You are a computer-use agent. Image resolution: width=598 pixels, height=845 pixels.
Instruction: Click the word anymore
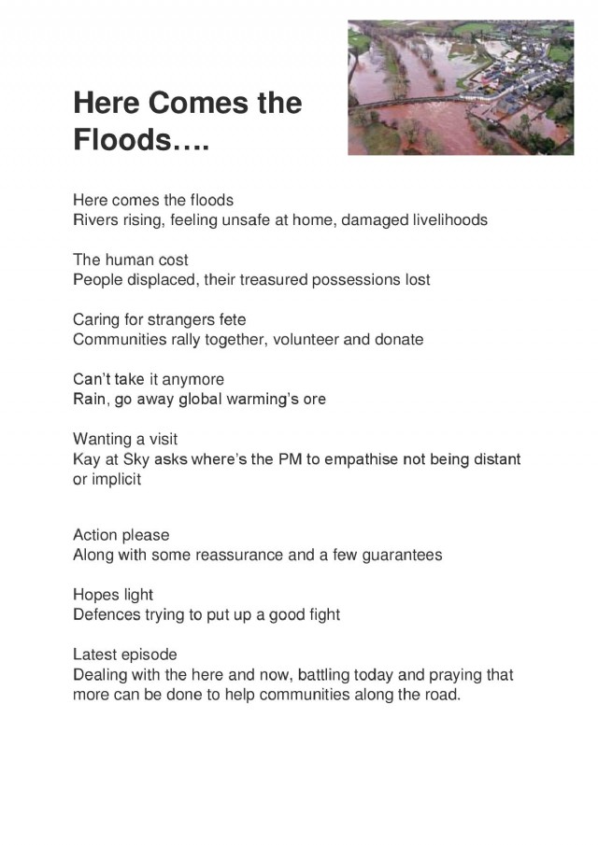click(x=190, y=379)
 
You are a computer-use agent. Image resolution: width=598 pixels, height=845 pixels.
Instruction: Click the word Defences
click(x=106, y=614)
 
